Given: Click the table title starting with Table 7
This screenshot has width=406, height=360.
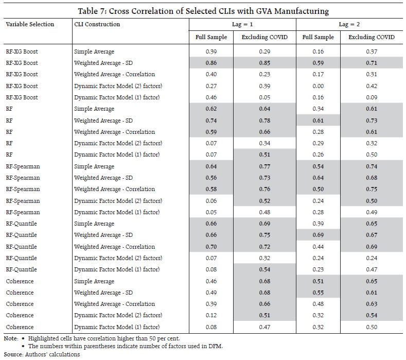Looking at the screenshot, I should coord(203,11).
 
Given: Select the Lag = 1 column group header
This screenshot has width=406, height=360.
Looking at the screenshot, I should coord(242,24).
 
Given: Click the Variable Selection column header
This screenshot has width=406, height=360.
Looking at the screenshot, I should coord(30,24).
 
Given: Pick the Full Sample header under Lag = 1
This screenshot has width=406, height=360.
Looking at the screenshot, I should coord(211,37).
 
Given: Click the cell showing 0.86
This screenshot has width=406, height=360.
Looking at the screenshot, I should coord(211,63).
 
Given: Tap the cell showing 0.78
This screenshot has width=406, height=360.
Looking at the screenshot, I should coord(264,121).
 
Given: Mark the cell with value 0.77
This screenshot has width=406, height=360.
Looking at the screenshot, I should coord(264,166).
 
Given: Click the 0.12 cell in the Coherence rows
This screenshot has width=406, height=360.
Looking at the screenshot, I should coord(211,315).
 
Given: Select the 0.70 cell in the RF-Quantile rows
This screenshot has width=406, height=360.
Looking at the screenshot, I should coord(211,247).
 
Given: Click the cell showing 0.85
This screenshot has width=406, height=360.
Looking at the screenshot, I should coord(264,63).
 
